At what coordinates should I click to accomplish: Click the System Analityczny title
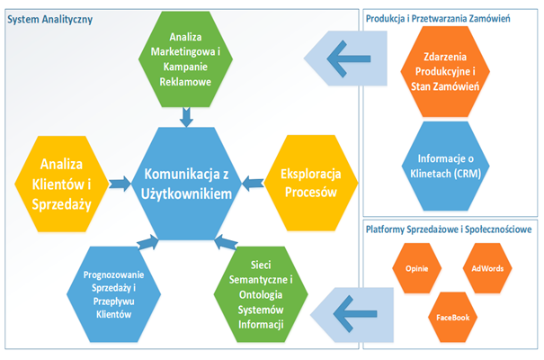tap(50, 20)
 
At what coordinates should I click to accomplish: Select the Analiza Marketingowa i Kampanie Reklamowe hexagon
tap(185, 59)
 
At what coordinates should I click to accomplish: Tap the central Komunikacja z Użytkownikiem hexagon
tap(186, 184)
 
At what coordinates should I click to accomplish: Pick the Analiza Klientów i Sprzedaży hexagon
tap(62, 184)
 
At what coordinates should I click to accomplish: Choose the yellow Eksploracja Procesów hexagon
tap(311, 183)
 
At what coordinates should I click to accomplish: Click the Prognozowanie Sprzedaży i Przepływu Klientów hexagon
tap(114, 294)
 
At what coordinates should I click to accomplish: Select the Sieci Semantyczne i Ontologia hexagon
tap(261, 294)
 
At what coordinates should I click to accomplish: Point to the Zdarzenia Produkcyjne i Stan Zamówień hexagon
tap(445, 71)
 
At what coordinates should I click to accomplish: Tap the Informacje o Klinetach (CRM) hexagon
tap(445, 166)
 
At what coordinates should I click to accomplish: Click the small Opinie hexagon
tap(416, 268)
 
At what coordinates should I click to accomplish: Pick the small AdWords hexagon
tap(487, 268)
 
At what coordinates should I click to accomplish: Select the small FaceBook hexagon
tap(453, 318)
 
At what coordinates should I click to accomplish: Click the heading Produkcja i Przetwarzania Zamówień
tap(438, 19)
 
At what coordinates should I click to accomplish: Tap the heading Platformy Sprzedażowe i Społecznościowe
tap(449, 229)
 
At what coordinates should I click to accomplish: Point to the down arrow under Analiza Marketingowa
tap(186, 117)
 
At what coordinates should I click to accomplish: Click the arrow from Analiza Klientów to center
tap(120, 184)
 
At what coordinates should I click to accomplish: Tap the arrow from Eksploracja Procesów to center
tap(253, 184)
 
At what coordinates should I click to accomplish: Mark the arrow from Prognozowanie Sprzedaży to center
tap(148, 242)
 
